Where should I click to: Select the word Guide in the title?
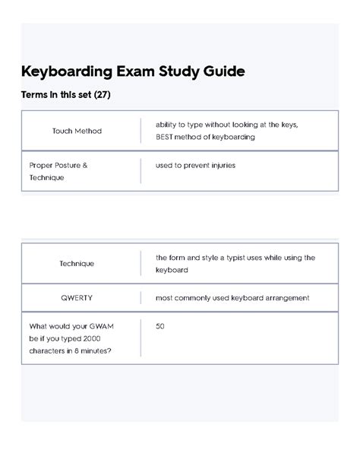[221, 72]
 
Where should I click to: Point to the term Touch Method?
[77, 131]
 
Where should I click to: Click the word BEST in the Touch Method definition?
[166, 138]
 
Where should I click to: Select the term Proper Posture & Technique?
[58, 171]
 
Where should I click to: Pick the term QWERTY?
[77, 298]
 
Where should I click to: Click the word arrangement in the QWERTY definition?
[283, 298]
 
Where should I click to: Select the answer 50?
[159, 326]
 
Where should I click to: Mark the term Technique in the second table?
[77, 264]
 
